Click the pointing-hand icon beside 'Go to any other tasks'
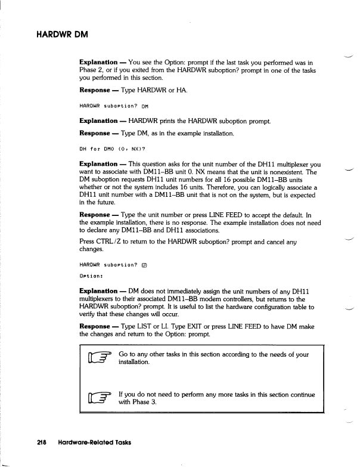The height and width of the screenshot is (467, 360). [x=98, y=360]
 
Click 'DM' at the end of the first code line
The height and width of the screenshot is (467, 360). [x=145, y=107]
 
